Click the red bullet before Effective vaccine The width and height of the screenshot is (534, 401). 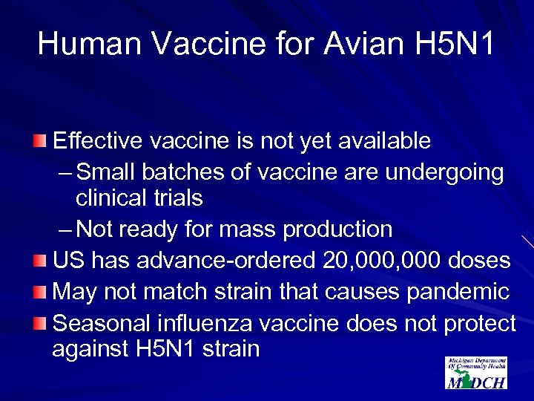coord(43,141)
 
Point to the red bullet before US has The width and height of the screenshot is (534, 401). coord(43,261)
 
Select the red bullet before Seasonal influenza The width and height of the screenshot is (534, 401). coord(43,324)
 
